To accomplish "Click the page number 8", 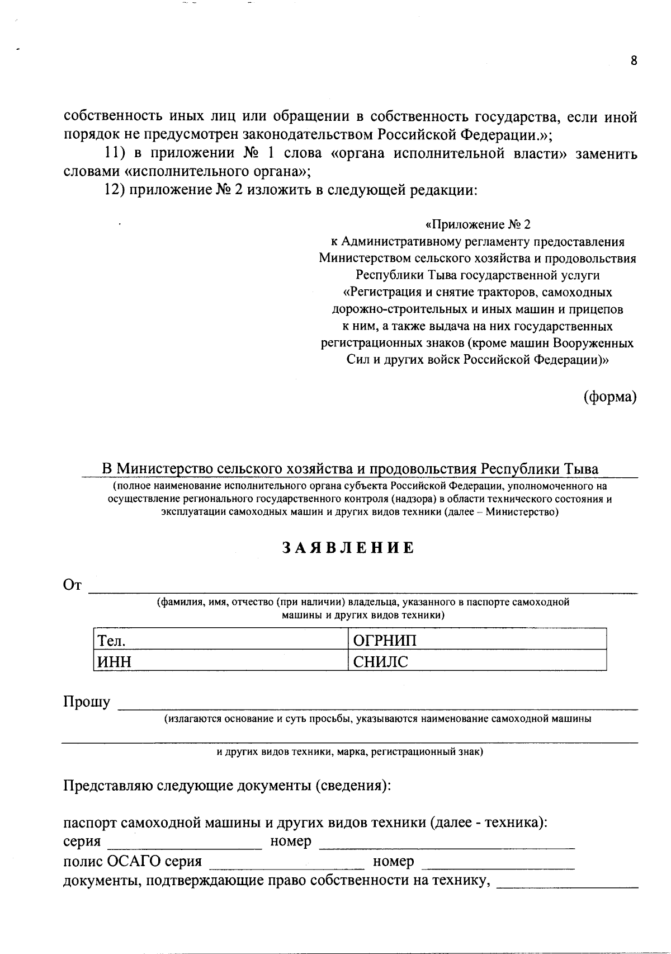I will click(634, 61).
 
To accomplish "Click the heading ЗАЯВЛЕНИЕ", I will click(347, 548).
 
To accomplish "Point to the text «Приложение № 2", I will click(478, 225).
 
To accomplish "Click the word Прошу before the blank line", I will click(87, 702).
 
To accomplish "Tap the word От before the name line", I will click(73, 585).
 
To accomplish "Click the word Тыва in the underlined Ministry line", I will click(580, 469).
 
